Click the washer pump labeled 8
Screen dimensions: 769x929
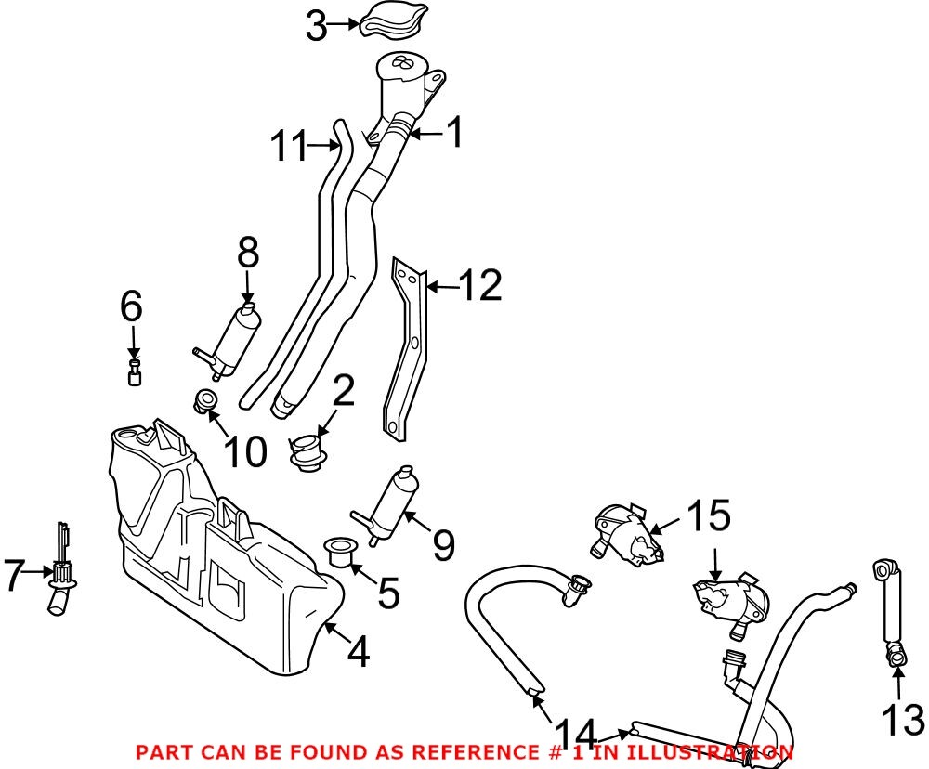(234, 336)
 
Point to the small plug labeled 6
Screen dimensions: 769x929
(135, 374)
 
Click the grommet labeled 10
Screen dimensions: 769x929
(206, 401)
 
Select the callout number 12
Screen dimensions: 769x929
(481, 285)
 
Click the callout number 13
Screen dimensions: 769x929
(900, 720)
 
